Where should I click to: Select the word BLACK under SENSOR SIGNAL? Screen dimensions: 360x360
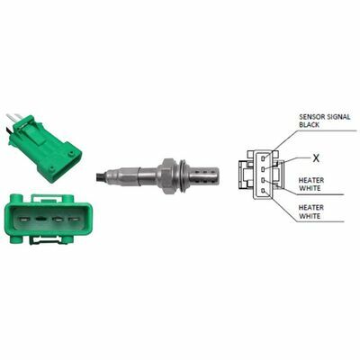[x=310, y=124]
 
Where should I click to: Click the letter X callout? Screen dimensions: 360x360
[x=316, y=158]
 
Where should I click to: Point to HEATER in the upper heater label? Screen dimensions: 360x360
[x=311, y=180]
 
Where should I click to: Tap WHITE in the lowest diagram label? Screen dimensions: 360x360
[x=310, y=216]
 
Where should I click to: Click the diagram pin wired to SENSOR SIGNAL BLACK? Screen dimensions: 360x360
[x=263, y=157]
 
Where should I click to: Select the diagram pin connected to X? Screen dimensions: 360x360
[x=263, y=169]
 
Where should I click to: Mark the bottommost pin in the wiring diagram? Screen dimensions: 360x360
[x=263, y=191]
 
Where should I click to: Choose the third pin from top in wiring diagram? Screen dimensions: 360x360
[x=263, y=180]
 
